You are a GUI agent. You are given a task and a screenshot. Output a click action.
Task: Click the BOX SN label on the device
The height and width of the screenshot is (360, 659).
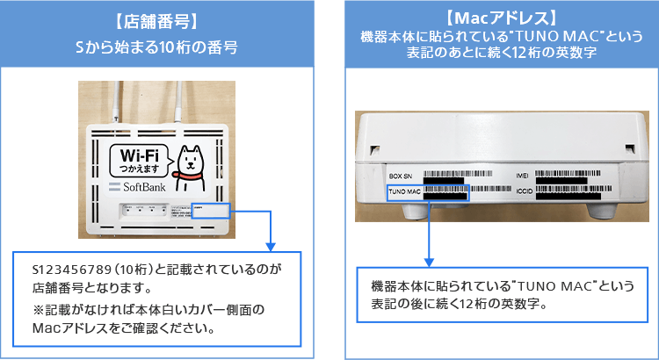point(401,176)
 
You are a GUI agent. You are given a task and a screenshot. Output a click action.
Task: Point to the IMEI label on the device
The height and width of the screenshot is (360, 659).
point(518,176)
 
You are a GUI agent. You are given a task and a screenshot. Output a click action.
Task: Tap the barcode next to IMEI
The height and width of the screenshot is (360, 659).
point(575,175)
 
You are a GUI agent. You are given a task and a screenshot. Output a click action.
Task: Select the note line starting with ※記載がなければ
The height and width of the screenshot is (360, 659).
point(148,311)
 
